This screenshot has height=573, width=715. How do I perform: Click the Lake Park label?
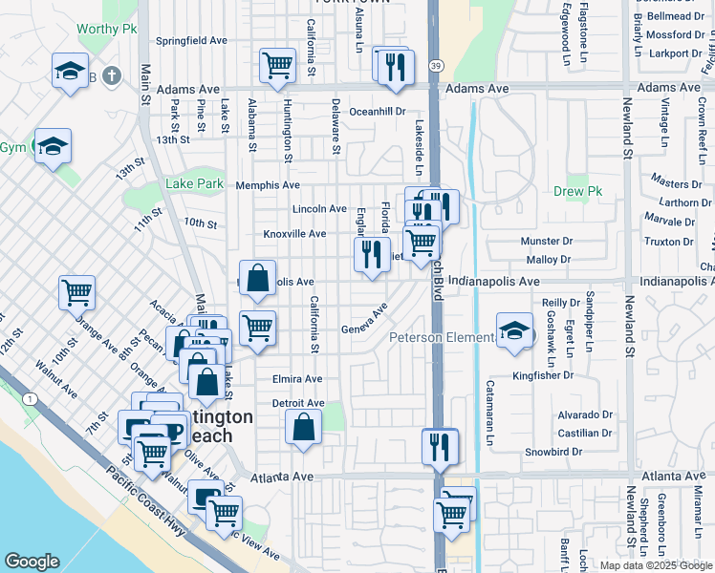click(x=193, y=184)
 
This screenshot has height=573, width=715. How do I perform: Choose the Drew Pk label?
click(x=574, y=191)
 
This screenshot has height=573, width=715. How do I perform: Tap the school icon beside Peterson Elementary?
click(x=514, y=331)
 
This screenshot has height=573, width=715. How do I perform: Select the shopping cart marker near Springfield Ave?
click(x=277, y=65)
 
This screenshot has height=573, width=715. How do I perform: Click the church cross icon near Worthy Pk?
click(x=112, y=74)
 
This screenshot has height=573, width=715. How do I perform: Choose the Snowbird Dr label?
click(x=553, y=451)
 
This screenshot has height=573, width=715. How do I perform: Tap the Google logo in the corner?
click(x=32, y=562)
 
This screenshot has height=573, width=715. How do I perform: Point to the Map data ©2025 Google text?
click(x=656, y=565)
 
